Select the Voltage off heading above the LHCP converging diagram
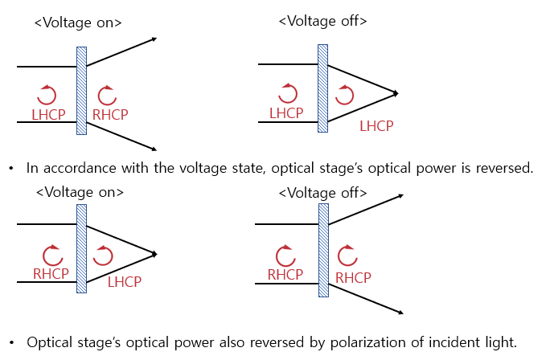pos(322,21)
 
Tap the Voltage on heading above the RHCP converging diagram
pos(79,192)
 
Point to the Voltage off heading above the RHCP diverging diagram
pos(322,193)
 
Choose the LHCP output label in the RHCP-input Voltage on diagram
pos(124,282)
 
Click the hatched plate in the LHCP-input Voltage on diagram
pos(81,90)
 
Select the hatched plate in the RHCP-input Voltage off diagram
pos(323,249)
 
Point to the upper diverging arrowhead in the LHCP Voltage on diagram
pos(154,38)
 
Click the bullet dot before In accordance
pos(11,169)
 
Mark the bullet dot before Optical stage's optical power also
pos(11,342)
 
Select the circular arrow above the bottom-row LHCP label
pos(103,256)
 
